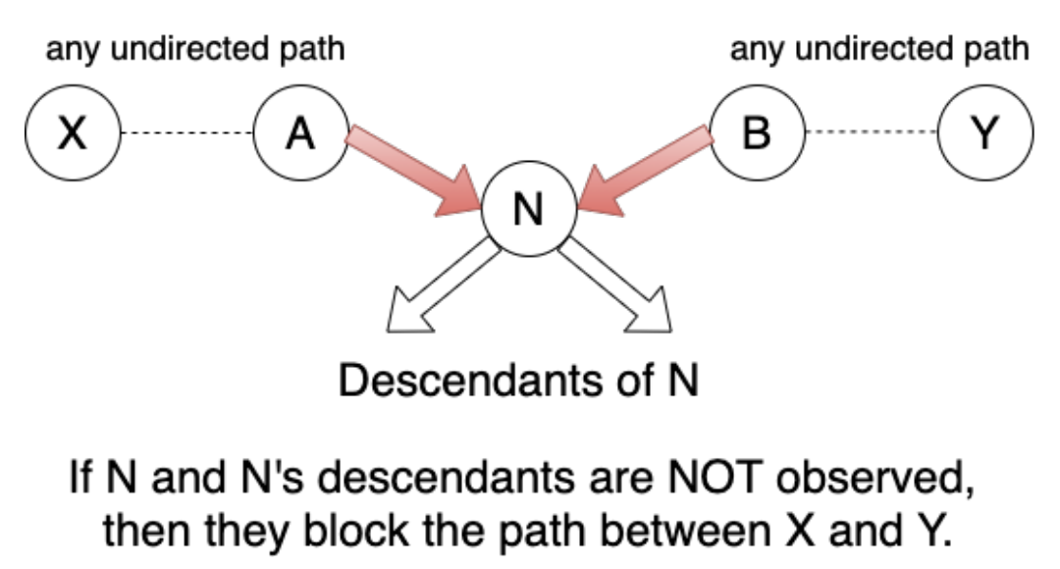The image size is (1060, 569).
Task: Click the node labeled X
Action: coord(71,134)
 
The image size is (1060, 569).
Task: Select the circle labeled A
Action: coord(300,134)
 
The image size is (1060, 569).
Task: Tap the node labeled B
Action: coord(756,134)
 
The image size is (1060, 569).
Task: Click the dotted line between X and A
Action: coord(185,134)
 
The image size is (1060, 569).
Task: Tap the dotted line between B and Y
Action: coord(871,134)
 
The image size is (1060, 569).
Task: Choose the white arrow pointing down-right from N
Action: coord(618,285)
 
